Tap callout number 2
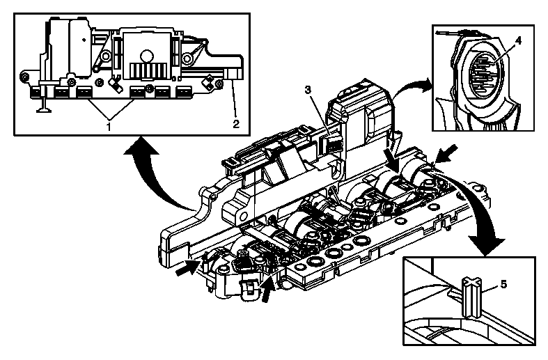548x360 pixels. click(x=235, y=124)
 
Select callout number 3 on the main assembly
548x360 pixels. click(x=307, y=89)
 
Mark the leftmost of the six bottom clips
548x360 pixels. click(x=34, y=91)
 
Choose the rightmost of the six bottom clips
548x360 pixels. click(x=184, y=91)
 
